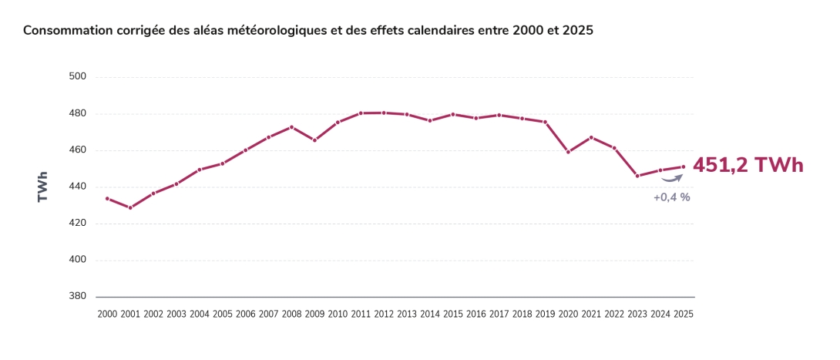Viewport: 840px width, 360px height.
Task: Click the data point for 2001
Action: point(130,207)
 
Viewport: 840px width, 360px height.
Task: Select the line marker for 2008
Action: point(291,127)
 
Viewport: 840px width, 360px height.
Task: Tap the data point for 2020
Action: point(568,152)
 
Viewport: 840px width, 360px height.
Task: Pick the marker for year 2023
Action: point(637,176)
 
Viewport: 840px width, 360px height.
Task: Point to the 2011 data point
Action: point(361,113)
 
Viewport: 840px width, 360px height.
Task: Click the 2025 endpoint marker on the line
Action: point(684,167)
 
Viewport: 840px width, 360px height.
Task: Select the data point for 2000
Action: point(107,198)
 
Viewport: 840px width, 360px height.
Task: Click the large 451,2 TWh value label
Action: point(748,165)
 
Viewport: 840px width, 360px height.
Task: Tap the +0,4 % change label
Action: point(671,197)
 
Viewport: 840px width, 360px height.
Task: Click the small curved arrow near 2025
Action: point(673,178)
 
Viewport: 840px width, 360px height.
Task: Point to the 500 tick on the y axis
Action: point(78,77)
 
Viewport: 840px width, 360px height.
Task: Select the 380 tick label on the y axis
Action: point(78,297)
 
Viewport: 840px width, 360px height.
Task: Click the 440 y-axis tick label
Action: point(78,187)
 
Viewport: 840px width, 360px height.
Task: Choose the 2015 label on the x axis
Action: point(452,315)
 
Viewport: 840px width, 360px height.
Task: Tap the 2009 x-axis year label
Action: point(314,315)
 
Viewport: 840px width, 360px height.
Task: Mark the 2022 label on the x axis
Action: point(614,315)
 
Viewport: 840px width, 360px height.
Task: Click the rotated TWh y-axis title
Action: point(43,187)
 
